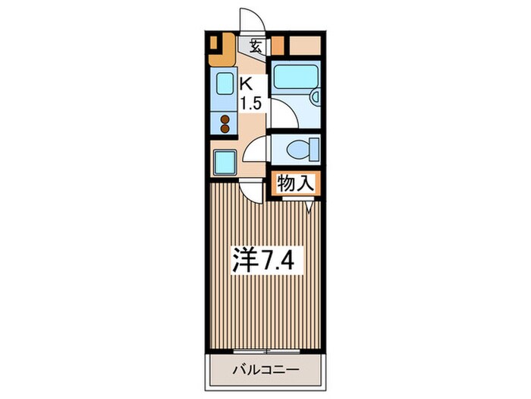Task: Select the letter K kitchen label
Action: click(246, 84)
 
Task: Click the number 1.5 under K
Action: click(252, 104)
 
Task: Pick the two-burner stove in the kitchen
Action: click(225, 123)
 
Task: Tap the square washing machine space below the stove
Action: click(225, 161)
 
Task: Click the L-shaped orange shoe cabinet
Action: click(221, 48)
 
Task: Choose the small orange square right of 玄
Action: click(278, 45)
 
